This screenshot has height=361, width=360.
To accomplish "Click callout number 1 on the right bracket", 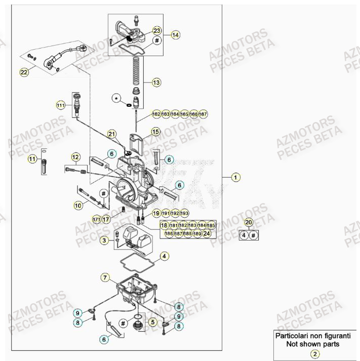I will tap(235, 177).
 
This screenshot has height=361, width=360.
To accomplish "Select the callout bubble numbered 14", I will tap(175, 35).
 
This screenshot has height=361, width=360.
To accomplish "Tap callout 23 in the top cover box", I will tap(143, 30).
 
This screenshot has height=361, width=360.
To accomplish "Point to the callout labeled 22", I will tap(24, 72).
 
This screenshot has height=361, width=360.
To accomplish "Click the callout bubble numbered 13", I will tap(156, 82).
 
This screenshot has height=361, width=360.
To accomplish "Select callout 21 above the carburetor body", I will tap(112, 134).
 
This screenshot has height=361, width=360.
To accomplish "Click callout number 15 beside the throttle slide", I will tap(155, 132).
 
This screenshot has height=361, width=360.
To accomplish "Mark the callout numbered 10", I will tap(78, 206).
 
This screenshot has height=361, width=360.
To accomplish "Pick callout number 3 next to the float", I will tap(104, 240).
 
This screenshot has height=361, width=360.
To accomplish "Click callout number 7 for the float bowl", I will tap(105, 277).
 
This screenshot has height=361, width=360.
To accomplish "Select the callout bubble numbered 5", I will tap(151, 321).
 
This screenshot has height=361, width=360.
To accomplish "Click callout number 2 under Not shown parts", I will tap(315, 354).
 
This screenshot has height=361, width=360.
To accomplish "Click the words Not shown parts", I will tap(315, 344).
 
